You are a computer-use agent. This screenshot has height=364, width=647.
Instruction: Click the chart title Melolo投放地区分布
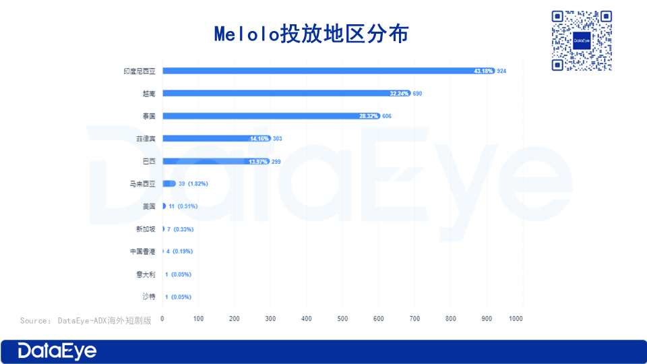point(311,34)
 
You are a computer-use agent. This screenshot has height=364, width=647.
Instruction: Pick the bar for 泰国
point(270,116)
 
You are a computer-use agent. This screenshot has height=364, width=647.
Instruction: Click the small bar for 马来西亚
point(169,183)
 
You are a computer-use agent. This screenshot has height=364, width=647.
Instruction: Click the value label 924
point(501,71)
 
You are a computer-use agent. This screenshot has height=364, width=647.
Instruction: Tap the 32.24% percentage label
point(400,93)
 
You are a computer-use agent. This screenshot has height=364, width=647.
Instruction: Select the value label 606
point(386,116)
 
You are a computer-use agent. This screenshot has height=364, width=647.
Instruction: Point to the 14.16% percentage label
point(259,138)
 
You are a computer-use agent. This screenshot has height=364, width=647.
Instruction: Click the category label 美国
point(149,206)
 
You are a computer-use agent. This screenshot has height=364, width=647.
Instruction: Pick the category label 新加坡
point(146,229)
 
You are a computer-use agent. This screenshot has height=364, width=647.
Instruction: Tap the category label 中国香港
point(143,251)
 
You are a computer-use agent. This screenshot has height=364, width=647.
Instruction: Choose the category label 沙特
point(149,297)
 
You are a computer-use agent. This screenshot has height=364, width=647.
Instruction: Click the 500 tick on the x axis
point(342,318)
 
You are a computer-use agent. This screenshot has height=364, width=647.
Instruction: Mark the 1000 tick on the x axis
point(516,318)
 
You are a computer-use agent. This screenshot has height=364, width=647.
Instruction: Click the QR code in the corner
point(582,40)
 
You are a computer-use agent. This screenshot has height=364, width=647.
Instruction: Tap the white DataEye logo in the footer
point(57,351)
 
